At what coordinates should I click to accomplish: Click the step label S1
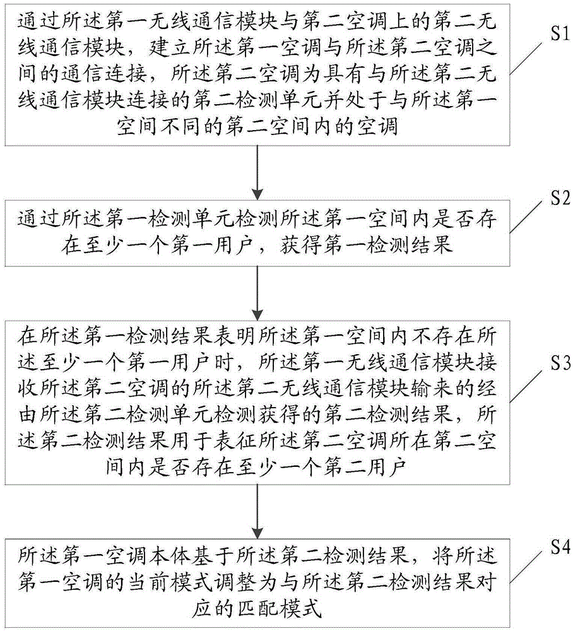tap(560, 34)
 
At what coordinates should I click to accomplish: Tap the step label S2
tap(560, 198)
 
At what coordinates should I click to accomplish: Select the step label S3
tap(560, 363)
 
